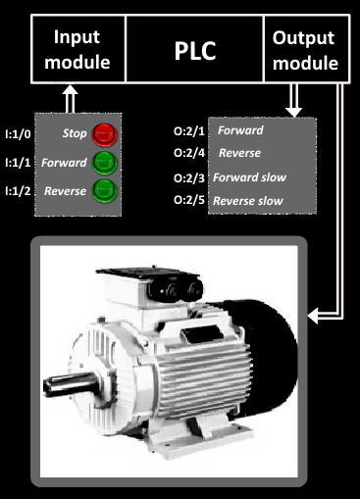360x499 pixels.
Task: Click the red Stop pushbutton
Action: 104,134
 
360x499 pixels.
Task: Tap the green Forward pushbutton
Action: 104,163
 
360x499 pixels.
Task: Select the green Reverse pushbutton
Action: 104,191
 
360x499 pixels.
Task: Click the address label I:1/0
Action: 18,134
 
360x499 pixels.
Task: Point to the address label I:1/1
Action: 18,163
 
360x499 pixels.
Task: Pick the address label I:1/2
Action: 18,191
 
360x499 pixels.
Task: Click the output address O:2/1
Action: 189,131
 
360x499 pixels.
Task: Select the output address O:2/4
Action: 189,153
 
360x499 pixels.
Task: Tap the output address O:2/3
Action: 189,178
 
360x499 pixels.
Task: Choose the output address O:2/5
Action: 189,200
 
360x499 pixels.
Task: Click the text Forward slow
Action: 249,177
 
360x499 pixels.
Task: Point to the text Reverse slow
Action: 248,201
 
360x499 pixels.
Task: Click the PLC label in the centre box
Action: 195,51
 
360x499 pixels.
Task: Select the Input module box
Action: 78,49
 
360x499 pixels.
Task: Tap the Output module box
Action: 307,49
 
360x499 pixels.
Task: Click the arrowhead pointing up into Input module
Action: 70,90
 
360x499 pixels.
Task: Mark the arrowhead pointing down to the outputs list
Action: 293,112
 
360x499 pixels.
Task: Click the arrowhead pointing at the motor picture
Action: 313,316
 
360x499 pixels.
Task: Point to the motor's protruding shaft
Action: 70,385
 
